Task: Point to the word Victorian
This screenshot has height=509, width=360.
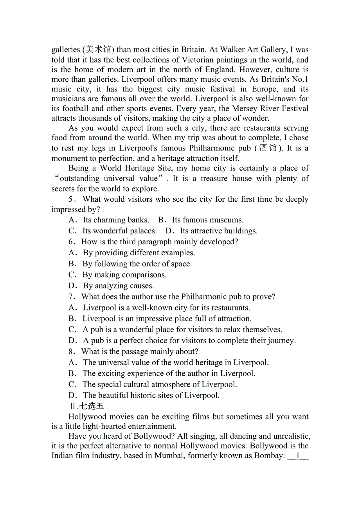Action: click(201, 60)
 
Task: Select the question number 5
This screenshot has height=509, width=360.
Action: click(71, 199)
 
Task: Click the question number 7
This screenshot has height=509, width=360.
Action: click(71, 297)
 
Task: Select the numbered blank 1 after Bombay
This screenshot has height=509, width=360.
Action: click(298, 456)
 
